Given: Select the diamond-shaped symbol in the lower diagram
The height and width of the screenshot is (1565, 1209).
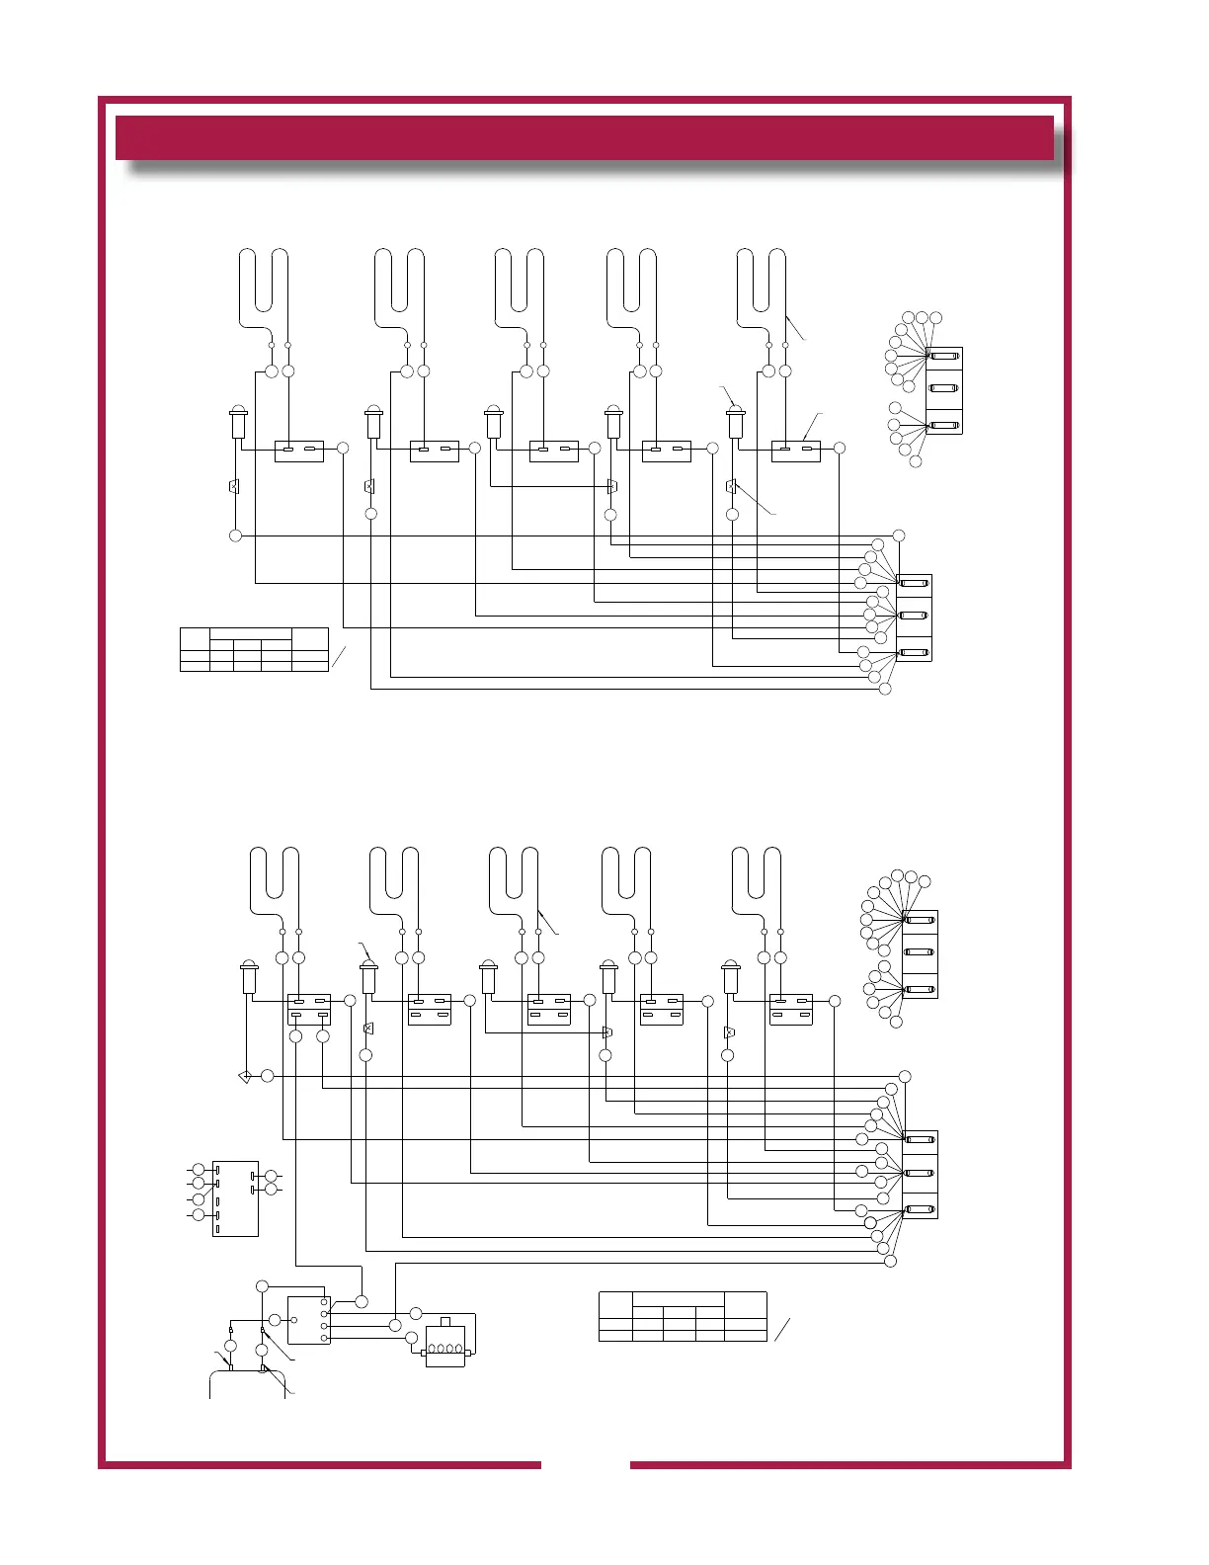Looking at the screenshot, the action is click(245, 1076).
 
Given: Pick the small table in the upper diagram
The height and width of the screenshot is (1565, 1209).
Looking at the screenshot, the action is click(254, 649).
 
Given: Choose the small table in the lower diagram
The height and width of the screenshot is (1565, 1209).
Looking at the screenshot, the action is click(683, 1316).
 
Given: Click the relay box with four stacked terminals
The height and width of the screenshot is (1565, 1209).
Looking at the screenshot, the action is click(309, 1320).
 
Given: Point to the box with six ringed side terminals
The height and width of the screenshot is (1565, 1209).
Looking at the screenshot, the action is click(235, 1198).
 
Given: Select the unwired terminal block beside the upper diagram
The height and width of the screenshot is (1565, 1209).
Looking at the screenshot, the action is click(943, 390).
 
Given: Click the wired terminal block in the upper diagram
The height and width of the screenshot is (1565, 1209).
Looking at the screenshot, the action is click(914, 618).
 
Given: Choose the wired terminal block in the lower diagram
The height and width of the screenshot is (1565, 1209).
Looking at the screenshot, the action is click(920, 1174).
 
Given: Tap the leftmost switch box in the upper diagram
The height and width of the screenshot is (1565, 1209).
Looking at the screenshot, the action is click(298, 451).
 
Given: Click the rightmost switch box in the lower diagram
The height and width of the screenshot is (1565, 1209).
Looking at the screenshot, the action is click(791, 1009).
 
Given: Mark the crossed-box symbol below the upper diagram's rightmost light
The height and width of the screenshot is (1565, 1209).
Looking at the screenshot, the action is click(731, 486).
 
